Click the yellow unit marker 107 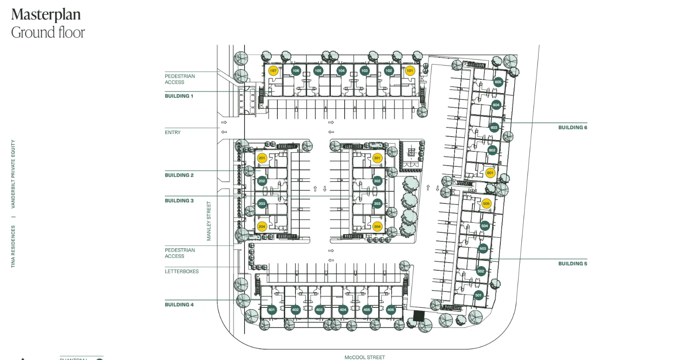(273, 71)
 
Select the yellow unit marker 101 (410, 71)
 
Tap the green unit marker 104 (341, 71)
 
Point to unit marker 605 (498, 82)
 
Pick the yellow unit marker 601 (490, 173)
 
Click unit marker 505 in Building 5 (487, 203)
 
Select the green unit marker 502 (481, 271)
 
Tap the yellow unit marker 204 (262, 226)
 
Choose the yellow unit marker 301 (377, 158)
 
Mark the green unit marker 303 (377, 203)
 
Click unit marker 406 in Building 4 (390, 310)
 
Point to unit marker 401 (271, 310)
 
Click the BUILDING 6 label (572, 128)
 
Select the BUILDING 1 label (179, 96)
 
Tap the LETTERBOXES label (182, 272)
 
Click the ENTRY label (173, 132)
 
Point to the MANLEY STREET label (209, 221)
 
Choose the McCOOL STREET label (364, 357)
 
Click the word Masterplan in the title (46, 15)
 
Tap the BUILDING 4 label (179, 305)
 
